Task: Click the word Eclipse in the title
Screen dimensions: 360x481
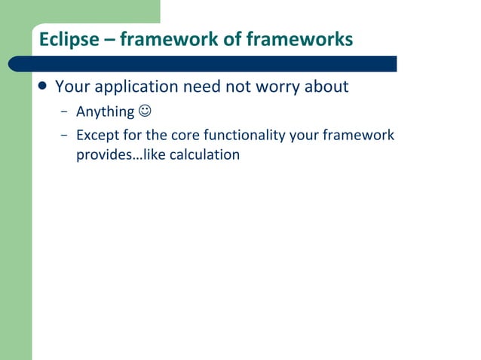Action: click(x=69, y=39)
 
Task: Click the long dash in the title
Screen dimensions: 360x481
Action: click(x=109, y=40)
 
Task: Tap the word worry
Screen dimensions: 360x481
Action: click(x=272, y=87)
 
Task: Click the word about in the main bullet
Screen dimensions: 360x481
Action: click(x=326, y=87)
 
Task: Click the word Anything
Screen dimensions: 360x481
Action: click(x=105, y=113)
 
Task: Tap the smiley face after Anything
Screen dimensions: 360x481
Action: click(x=144, y=112)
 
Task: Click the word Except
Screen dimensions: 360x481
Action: click(x=98, y=136)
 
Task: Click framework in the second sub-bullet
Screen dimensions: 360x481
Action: click(x=359, y=136)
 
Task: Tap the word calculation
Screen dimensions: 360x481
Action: click(x=204, y=155)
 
